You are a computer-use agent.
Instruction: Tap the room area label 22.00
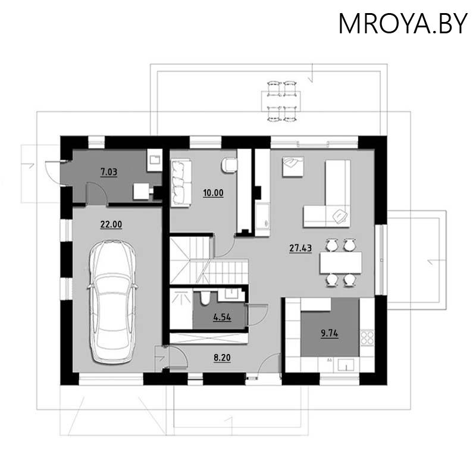pyautogui.click(x=111, y=224)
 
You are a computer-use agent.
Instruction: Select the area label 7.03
pyautogui.click(x=108, y=173)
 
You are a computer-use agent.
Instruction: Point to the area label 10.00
pyautogui.click(x=213, y=193)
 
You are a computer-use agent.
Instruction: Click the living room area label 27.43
pyautogui.click(x=300, y=249)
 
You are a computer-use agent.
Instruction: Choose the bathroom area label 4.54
pyautogui.click(x=221, y=317)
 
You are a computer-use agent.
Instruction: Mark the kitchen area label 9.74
pyautogui.click(x=329, y=334)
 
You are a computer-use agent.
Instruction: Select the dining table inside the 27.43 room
pyautogui.click(x=340, y=262)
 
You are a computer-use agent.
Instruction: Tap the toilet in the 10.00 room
pyautogui.click(x=228, y=165)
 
